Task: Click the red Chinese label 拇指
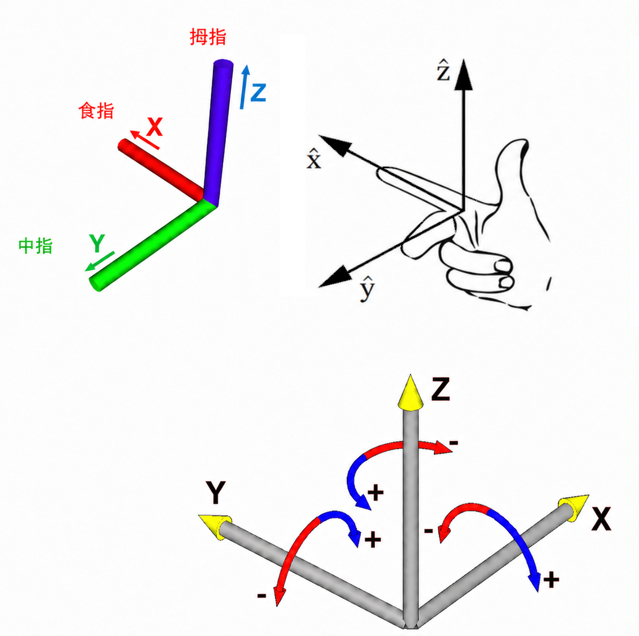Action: (x=208, y=37)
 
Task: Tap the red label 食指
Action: (x=96, y=111)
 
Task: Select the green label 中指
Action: (x=35, y=246)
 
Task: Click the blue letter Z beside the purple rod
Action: (x=259, y=92)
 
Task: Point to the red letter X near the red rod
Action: (x=155, y=127)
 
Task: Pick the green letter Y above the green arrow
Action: (x=97, y=243)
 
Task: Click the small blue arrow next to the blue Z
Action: (x=244, y=87)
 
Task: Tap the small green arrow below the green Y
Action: (x=99, y=262)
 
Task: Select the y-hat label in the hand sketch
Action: (x=367, y=288)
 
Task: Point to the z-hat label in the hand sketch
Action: (x=443, y=70)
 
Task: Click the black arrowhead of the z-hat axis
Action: (x=463, y=74)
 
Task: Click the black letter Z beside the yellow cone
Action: (x=441, y=389)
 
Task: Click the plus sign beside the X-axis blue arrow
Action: (x=551, y=580)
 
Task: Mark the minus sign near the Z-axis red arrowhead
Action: (x=454, y=443)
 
